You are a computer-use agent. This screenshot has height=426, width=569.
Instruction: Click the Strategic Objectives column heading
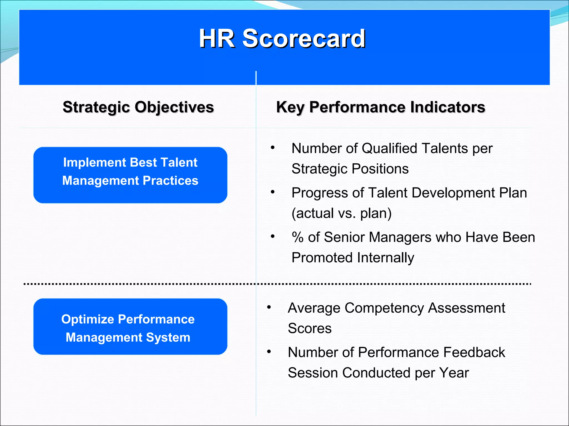pyautogui.click(x=138, y=107)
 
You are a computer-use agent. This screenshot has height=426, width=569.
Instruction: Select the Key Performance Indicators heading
pyautogui.click(x=380, y=107)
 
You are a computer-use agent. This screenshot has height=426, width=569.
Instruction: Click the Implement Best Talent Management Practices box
pyautogui.click(x=130, y=175)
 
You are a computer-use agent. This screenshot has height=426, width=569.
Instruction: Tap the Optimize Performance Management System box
pyautogui.click(x=130, y=326)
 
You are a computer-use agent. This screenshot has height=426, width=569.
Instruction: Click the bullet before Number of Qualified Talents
pyautogui.click(x=273, y=147)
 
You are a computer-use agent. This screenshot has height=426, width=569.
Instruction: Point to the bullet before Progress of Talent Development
pyautogui.click(x=273, y=192)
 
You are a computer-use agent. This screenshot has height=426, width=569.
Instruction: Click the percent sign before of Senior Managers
pyautogui.click(x=298, y=237)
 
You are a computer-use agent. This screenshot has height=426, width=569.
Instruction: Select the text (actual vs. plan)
pyautogui.click(x=341, y=213)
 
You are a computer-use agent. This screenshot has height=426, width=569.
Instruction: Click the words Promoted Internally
pyautogui.click(x=353, y=258)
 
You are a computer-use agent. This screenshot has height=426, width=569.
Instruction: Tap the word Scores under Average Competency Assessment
pyautogui.click(x=310, y=328)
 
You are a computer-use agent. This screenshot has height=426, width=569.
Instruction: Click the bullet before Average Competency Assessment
pyautogui.click(x=269, y=307)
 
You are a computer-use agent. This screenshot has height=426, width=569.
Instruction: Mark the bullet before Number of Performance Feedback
pyautogui.click(x=269, y=351)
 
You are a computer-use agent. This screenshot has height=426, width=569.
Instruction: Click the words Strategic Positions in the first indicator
pyautogui.click(x=350, y=169)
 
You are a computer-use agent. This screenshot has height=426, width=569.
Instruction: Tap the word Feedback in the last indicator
pyautogui.click(x=474, y=352)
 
